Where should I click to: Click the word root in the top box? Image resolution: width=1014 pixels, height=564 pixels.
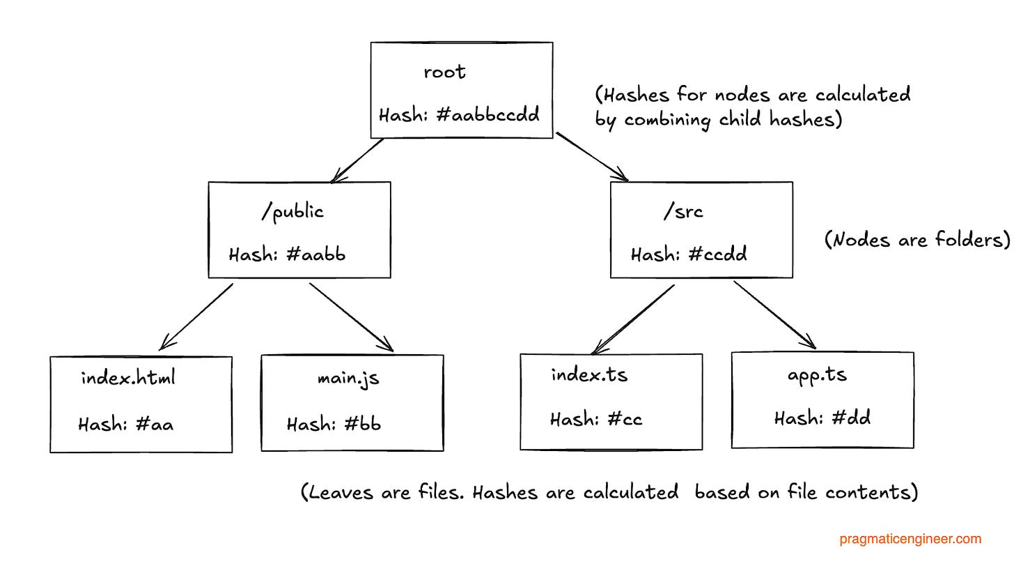click(444, 73)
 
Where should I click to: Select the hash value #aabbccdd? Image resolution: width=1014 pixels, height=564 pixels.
click(487, 115)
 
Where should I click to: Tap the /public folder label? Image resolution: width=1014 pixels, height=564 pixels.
click(292, 212)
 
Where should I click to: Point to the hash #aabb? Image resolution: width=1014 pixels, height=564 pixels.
click(315, 254)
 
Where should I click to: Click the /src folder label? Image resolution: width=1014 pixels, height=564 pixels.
click(683, 212)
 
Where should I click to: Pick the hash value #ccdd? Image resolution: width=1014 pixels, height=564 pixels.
click(717, 254)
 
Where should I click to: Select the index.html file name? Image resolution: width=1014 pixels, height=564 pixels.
click(128, 379)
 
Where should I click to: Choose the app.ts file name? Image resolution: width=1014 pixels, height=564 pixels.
click(817, 375)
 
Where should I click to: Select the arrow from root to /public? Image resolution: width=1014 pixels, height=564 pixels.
click(359, 160)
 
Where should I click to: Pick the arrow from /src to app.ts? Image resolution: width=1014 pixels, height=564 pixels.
click(774, 314)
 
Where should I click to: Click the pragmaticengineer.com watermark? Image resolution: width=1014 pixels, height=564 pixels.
click(910, 539)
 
